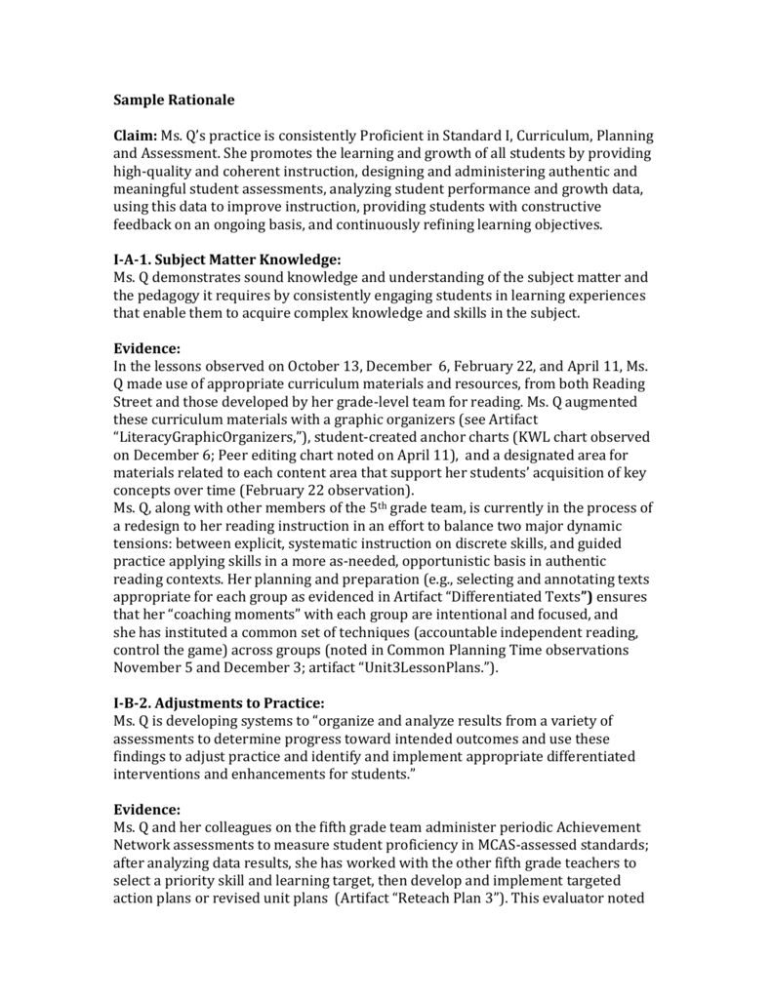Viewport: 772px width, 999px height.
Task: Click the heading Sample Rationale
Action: click(x=175, y=100)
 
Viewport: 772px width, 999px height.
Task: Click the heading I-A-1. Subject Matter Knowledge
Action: click(x=227, y=260)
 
